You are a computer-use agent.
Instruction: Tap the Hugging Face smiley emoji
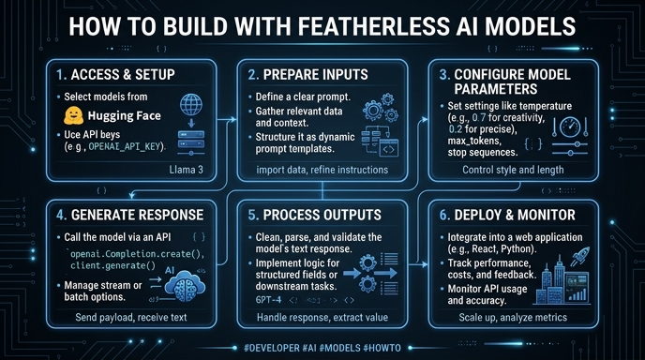tap(74, 115)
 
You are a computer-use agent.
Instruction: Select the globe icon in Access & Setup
tap(191, 104)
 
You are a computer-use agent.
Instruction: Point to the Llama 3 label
tap(186, 170)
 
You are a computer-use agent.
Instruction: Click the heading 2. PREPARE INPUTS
tap(307, 74)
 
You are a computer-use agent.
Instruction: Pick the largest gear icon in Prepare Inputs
tap(373, 111)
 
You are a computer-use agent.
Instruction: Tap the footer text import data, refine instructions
tap(322, 170)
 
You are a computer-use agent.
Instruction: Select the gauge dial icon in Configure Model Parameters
tap(570, 127)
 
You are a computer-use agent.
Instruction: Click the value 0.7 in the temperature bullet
tap(479, 118)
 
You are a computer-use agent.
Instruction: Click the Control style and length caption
tap(513, 170)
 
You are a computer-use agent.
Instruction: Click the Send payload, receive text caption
tap(131, 317)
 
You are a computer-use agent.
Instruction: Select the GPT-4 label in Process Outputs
tap(268, 299)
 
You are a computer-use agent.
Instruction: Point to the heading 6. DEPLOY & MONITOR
tap(507, 215)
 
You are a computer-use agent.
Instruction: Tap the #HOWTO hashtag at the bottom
tap(382, 348)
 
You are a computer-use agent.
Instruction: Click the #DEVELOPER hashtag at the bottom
tap(272, 348)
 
